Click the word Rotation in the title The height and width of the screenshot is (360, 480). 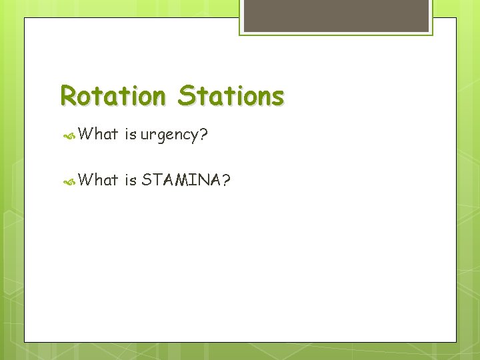[112, 96]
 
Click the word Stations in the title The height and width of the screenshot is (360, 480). [231, 96]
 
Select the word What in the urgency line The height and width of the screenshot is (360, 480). [98, 135]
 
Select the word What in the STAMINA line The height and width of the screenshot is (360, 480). [98, 179]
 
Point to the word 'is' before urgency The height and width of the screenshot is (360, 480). [130, 135]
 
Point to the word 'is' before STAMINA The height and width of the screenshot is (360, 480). [130, 179]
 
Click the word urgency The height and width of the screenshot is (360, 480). [169, 136]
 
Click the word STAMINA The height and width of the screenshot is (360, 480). [181, 179]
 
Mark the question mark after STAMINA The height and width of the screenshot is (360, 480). [227, 179]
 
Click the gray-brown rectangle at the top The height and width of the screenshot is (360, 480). [335, 15]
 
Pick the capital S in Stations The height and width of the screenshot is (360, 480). [186, 96]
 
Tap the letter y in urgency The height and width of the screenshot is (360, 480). [193, 137]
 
